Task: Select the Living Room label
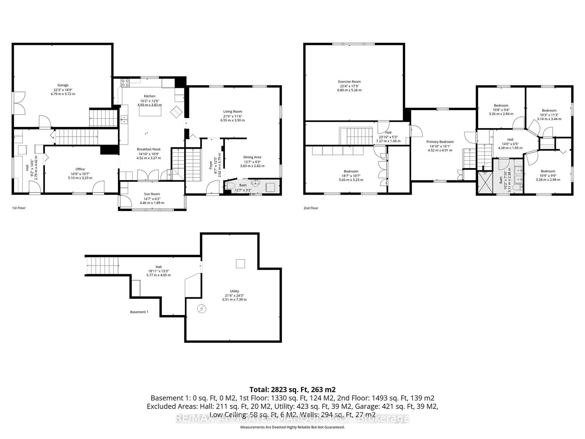click(x=232, y=111)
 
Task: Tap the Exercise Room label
click(x=349, y=82)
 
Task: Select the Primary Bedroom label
click(x=440, y=142)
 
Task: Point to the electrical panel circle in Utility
click(x=202, y=309)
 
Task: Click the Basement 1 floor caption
click(x=139, y=312)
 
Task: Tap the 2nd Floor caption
click(x=311, y=208)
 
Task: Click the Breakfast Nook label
click(x=149, y=149)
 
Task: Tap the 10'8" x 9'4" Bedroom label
click(x=501, y=105)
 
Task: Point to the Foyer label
click(x=211, y=165)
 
